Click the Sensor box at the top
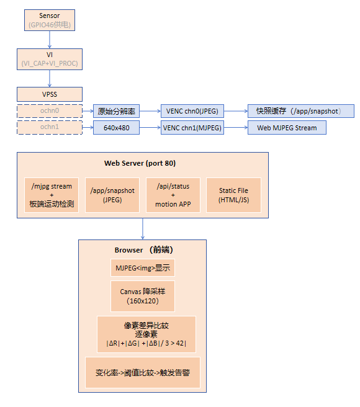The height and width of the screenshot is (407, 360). [50, 20]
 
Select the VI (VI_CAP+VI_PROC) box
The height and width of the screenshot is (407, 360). [50, 59]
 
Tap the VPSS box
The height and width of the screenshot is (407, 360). [50, 94]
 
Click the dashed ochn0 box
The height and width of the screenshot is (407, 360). [50, 111]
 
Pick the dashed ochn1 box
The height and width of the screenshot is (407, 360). [50, 127]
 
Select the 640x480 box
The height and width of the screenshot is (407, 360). [116, 127]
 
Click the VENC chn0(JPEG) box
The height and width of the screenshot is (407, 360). [192, 111]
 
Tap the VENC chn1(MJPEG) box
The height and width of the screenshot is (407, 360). [192, 127]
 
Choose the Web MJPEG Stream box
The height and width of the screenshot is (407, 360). [287, 127]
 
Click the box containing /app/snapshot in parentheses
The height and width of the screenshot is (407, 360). [301, 111]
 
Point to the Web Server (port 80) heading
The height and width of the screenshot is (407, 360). [140, 163]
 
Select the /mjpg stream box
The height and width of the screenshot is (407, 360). [52, 195]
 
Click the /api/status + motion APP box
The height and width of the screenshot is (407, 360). [173, 195]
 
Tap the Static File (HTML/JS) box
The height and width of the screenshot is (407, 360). [233, 195]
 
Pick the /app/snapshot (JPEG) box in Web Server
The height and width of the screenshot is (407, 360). [112, 195]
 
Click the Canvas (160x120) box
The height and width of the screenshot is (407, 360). [143, 296]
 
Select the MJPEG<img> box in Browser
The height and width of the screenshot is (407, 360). [143, 267]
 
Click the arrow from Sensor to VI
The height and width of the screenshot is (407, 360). [50, 40]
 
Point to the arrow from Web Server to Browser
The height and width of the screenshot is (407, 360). [143, 229]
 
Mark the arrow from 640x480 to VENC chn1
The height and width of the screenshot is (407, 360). [150, 127]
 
